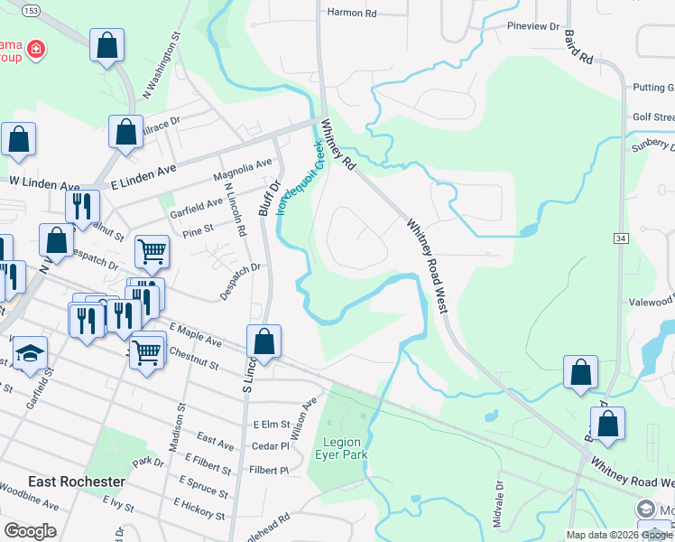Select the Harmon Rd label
tap(351, 13)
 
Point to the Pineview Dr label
tap(533, 26)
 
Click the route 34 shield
tap(621, 238)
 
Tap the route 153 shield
tap(31, 10)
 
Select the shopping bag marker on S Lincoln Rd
tap(264, 342)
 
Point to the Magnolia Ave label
tap(242, 169)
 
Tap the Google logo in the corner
tap(30, 531)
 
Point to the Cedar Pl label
tap(270, 446)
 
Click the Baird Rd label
tap(577, 46)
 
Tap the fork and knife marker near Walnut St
tap(81, 205)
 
